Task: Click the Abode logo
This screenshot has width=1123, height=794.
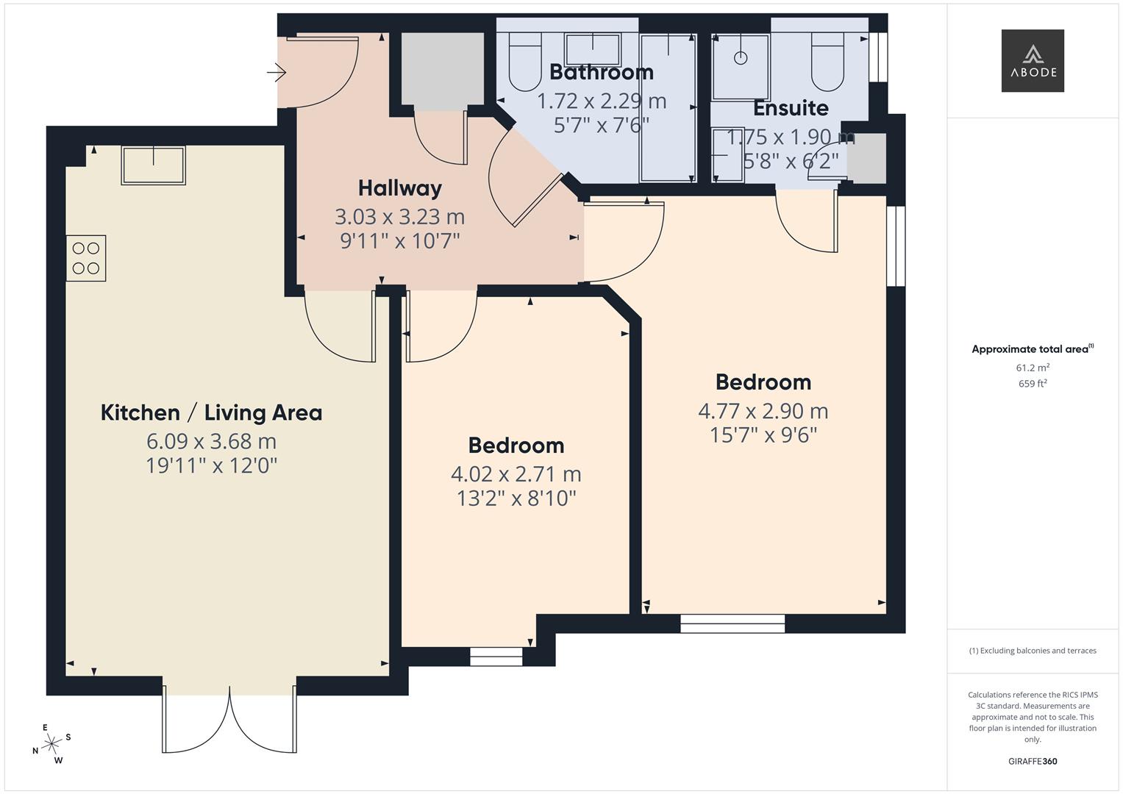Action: (1032, 60)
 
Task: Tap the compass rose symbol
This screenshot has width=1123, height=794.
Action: (51, 744)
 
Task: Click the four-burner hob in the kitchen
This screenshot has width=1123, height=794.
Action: (86, 258)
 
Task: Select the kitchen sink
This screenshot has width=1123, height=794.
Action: (154, 165)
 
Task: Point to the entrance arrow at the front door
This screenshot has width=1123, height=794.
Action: (276, 72)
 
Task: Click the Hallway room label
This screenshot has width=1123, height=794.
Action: (399, 188)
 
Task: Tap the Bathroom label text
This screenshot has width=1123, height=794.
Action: (601, 72)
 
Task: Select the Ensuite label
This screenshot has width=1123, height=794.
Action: (790, 108)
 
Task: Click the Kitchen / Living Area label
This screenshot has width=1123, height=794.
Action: (211, 412)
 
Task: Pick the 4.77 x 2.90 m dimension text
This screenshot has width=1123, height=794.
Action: (763, 411)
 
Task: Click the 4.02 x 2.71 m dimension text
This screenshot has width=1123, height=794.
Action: (516, 474)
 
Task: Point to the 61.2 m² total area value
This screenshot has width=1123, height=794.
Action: (1032, 368)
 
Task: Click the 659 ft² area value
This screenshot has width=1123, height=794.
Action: (1032, 384)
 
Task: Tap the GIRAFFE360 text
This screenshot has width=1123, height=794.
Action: (1032, 761)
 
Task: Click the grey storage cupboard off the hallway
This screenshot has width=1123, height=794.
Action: (442, 68)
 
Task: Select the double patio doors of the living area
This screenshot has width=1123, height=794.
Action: (229, 720)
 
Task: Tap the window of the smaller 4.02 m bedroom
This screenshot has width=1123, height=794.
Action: (496, 657)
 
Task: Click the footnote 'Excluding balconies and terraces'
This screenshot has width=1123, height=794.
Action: (1032, 651)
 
